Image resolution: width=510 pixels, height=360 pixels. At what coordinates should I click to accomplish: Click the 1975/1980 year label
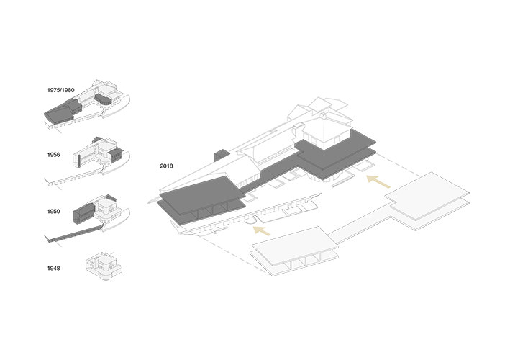point(61,90)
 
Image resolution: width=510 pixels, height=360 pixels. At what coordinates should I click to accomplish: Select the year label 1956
point(54,155)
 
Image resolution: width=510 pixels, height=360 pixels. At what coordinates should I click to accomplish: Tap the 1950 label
point(54,211)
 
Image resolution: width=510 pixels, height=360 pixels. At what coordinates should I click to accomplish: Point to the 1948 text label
point(54,269)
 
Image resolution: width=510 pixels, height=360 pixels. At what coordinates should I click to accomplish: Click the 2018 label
point(167,166)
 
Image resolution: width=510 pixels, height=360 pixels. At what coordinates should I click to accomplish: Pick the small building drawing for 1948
point(104,265)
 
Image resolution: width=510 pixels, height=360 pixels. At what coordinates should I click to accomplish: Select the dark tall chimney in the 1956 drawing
point(79,161)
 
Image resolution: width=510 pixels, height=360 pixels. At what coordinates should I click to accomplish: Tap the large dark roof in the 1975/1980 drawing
point(63,111)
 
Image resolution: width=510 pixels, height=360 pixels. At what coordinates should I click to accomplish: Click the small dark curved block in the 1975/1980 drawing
point(103,100)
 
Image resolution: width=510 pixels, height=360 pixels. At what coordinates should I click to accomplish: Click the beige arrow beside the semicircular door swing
point(262,230)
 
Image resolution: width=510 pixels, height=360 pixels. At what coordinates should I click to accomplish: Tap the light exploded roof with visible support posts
point(294,251)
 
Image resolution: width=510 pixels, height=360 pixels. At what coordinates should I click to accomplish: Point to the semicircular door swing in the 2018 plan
point(251,220)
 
